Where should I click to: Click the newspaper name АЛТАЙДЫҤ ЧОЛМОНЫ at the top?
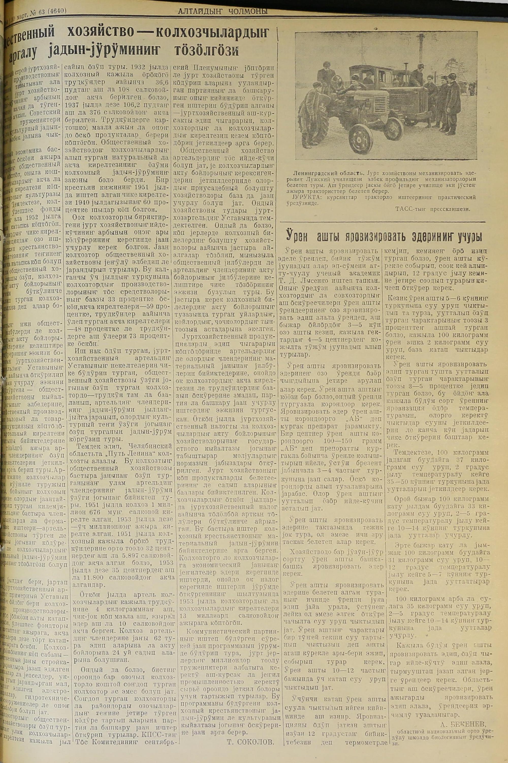223,12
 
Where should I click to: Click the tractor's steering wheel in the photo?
337,79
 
